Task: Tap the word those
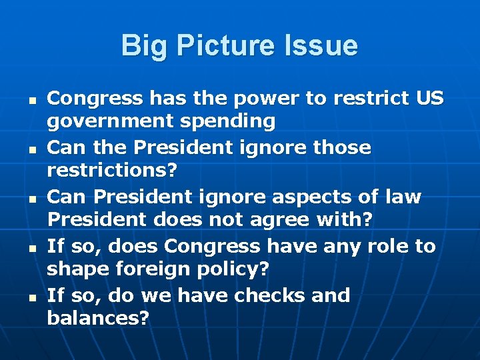(339, 147)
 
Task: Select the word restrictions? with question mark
(112, 171)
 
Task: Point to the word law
(403, 197)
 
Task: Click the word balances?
(98, 319)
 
